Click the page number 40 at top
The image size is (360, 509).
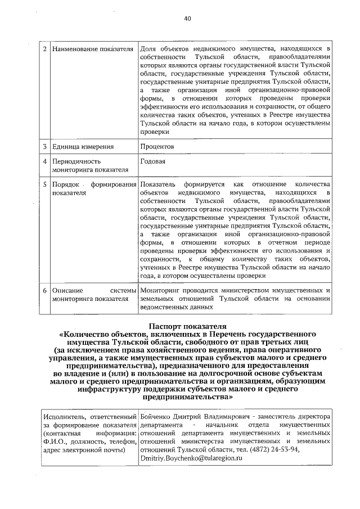tap(188, 19)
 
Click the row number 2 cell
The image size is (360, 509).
tap(45, 49)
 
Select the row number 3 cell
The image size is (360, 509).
tap(45, 147)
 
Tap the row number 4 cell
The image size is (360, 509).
tap(45, 161)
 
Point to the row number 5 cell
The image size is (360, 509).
tap(45, 184)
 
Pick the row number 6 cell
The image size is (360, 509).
tap(45, 290)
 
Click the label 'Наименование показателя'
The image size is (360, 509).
tap(92, 49)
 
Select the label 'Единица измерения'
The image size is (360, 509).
tap(83, 147)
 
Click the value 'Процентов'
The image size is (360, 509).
tap(157, 147)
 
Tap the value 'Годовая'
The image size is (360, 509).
tap(152, 161)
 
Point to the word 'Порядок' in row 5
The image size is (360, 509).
tap(65, 184)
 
